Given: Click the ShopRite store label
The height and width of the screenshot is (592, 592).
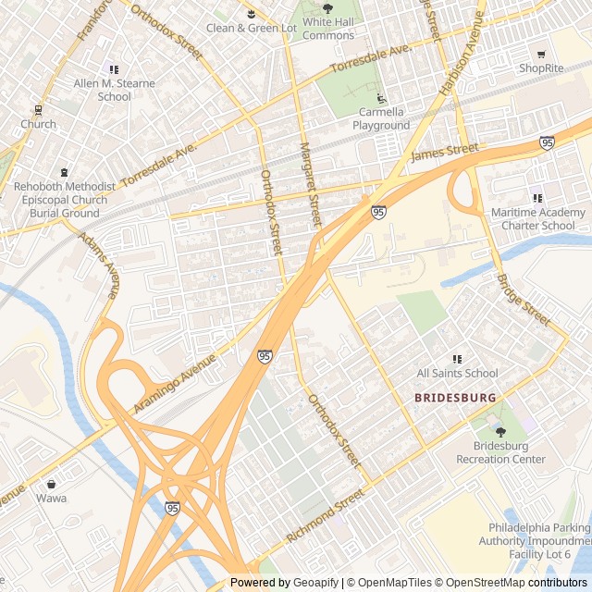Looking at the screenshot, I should point(541,68).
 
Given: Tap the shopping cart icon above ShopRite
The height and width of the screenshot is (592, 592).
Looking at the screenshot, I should point(541,55).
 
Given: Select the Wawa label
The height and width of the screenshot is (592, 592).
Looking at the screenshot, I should point(51,498).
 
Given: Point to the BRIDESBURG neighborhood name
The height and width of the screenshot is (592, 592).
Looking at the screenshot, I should point(455,398).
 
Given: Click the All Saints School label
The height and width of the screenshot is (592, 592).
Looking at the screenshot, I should point(457,374).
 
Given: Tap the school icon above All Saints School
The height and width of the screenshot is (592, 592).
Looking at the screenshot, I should point(457,359).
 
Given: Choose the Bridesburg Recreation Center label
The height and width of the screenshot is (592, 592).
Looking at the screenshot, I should point(501,452).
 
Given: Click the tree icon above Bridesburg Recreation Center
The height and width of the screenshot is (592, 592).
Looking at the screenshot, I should point(501,432).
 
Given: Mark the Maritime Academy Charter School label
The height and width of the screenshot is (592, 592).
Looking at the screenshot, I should point(538,219).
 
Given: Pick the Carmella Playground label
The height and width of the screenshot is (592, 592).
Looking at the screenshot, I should point(384,118).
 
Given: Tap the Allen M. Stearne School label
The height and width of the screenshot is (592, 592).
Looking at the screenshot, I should point(115,90).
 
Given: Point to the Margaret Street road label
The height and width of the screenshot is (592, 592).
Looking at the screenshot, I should point(309,185).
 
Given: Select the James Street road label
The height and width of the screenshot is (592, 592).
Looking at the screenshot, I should point(445,152).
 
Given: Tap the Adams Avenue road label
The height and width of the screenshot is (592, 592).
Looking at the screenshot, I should point(100,265).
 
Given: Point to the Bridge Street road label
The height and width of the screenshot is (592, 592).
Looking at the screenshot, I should point(523,298).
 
